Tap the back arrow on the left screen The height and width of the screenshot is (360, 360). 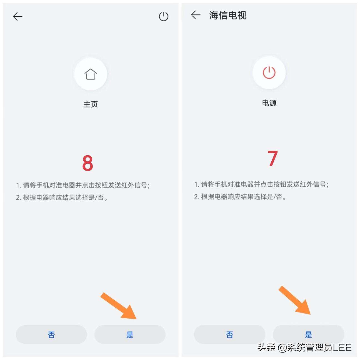click(17, 16)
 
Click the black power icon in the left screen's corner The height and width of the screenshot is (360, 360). click(163, 16)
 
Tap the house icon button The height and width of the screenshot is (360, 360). click(91, 74)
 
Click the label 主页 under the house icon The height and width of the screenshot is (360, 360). click(91, 104)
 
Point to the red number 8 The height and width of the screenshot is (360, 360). click(87, 163)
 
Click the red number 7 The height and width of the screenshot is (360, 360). click(272, 158)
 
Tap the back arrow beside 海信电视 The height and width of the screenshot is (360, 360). click(196, 15)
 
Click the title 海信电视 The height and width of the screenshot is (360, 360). click(227, 15)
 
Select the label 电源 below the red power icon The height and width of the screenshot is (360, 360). click(269, 103)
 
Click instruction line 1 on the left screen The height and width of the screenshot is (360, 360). click(83, 185)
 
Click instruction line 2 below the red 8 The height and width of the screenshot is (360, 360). click(62, 197)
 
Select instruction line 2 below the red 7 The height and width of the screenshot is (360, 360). click(240, 197)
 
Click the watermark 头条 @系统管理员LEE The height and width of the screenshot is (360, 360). click(304, 347)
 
